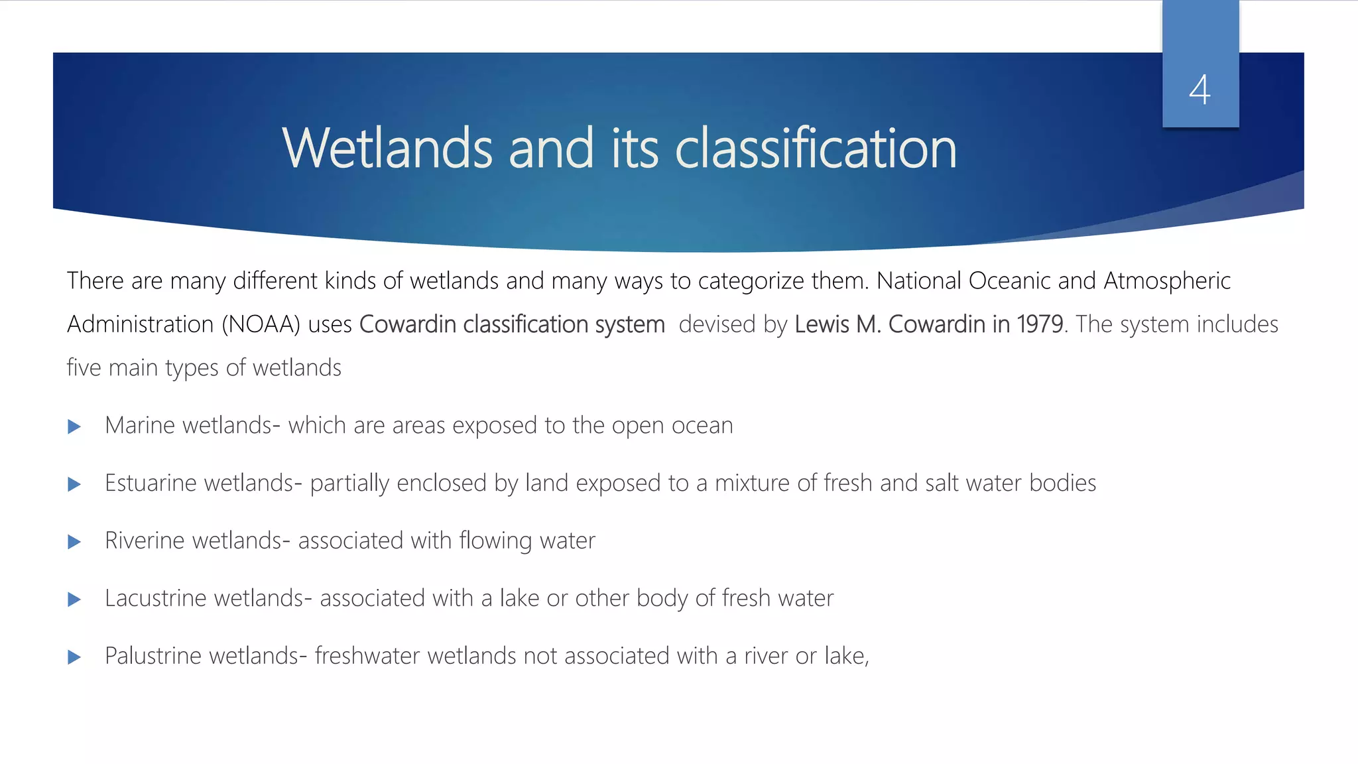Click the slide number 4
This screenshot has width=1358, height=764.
coord(1200,90)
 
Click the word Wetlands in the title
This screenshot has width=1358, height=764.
coord(387,149)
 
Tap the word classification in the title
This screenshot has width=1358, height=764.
coord(816,149)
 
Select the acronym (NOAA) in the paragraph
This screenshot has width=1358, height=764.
coord(261,324)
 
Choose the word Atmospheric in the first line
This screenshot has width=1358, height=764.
coord(1167,281)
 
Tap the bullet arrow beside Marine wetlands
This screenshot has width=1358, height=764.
coord(74,426)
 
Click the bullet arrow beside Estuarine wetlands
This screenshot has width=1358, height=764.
coord(74,484)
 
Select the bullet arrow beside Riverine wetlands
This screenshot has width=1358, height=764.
coord(74,542)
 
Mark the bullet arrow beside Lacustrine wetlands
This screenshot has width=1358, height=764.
coord(74,600)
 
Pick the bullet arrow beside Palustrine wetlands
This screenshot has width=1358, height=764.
coord(74,657)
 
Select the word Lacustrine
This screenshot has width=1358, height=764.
coord(156,598)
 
